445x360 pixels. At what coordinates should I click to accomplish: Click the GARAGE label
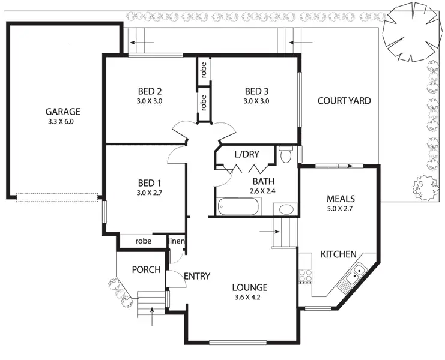(x=62, y=112)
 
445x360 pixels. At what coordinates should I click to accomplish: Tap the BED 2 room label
(x=150, y=91)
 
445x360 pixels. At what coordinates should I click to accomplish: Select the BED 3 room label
(x=256, y=91)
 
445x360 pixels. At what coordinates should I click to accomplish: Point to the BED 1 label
(x=150, y=183)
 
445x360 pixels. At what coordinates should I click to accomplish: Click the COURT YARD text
(x=344, y=101)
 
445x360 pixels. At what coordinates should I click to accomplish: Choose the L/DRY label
(x=247, y=155)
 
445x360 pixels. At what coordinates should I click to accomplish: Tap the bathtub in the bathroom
(x=239, y=207)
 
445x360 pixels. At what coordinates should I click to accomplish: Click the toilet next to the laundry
(x=286, y=155)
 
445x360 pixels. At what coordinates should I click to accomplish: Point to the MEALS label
(x=341, y=199)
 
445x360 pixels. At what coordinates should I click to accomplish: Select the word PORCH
(x=147, y=270)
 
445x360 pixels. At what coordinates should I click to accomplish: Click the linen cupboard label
(x=176, y=241)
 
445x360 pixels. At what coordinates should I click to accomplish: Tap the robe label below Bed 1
(x=143, y=241)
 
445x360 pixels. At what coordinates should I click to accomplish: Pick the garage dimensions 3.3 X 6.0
(x=62, y=121)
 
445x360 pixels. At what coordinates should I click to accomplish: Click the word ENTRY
(x=197, y=277)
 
